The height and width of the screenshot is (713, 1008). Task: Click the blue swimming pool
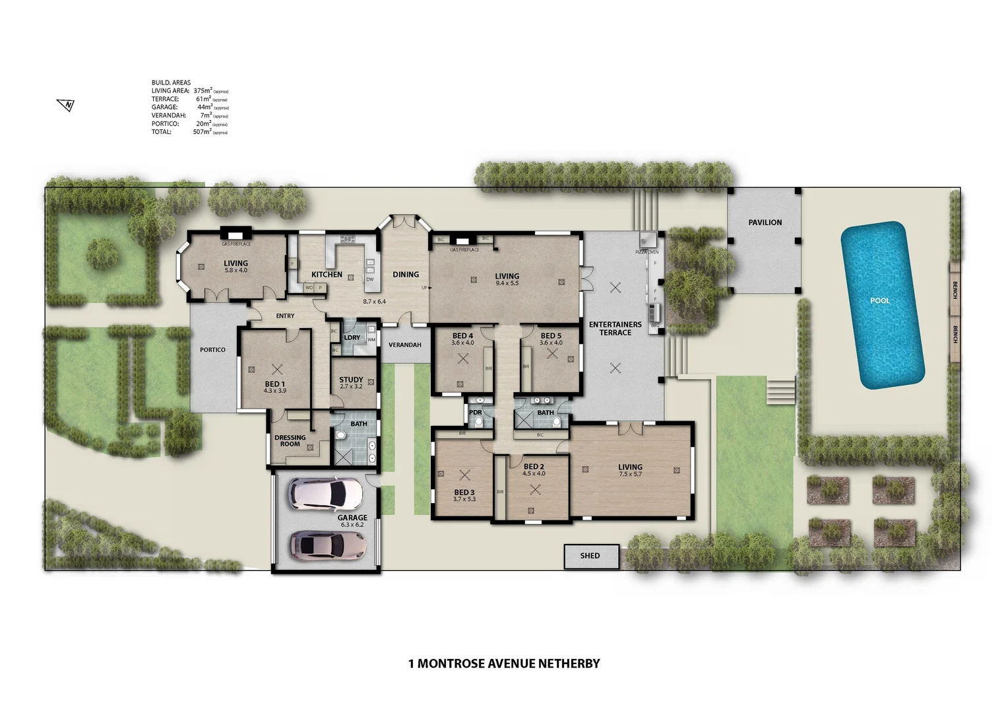[x=881, y=304]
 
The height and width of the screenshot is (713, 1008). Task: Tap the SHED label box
[x=590, y=556]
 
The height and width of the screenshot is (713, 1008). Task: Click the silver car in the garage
[x=328, y=545]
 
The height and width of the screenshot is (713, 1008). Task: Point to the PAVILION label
[x=765, y=222]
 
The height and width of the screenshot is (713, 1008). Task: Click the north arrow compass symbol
[x=66, y=104]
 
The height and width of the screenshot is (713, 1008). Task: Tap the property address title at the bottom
[x=504, y=663]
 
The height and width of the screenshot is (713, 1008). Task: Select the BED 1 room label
[x=274, y=384]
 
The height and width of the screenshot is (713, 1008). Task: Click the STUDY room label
[x=351, y=380]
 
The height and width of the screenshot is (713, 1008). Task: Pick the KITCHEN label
[x=327, y=275]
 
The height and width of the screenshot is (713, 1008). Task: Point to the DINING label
[x=406, y=275]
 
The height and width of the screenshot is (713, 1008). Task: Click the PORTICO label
[x=212, y=350]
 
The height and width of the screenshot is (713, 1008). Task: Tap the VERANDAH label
[x=404, y=345]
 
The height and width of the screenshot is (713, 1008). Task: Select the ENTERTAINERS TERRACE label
[x=615, y=328]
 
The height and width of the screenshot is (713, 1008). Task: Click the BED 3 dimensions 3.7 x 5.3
[x=464, y=499]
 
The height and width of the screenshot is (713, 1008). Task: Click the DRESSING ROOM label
[x=290, y=440]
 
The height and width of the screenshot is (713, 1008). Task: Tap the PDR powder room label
[x=475, y=413]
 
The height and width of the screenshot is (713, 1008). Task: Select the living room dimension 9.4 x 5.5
[x=507, y=283]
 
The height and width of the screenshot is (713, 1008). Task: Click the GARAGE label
[x=352, y=518]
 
